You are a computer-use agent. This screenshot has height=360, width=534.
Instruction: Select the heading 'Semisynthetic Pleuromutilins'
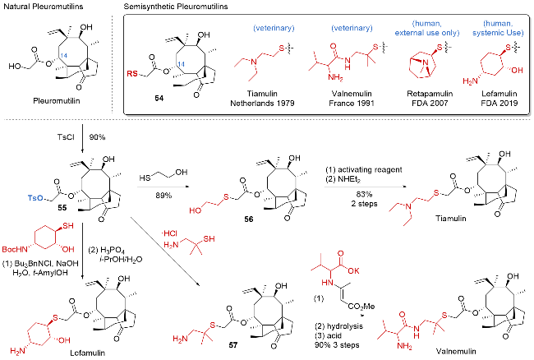(x=175, y=7)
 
